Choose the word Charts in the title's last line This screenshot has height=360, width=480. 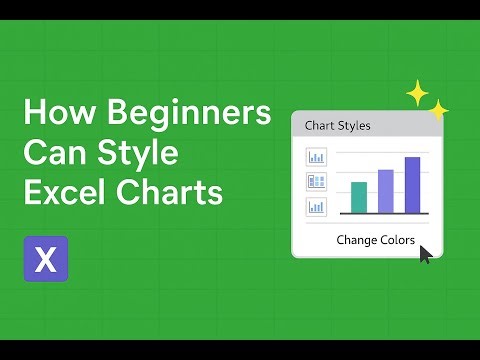click(x=172, y=192)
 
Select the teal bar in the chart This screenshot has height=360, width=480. click(x=359, y=197)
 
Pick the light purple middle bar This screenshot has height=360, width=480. click(x=386, y=191)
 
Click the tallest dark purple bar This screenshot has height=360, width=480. click(x=412, y=185)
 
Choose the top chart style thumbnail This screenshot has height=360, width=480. click(x=316, y=157)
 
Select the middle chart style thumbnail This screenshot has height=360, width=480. click(x=316, y=182)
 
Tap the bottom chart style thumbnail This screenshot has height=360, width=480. click(x=316, y=208)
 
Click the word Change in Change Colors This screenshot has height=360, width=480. click(x=356, y=240)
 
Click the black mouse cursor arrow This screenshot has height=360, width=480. click(x=426, y=254)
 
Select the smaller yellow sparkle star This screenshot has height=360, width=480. click(x=438, y=110)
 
